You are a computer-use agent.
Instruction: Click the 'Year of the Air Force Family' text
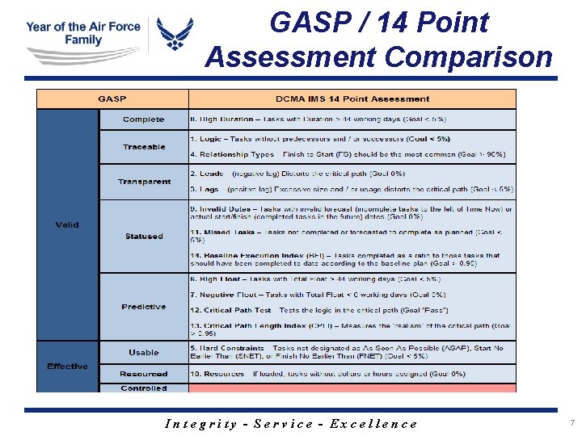pos(82,33)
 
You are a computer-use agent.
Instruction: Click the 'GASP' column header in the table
pos(112,99)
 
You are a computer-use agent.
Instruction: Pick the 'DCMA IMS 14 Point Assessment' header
pos(352,99)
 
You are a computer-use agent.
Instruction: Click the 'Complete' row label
pos(143,119)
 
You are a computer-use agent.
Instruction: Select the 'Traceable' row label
pos(144,147)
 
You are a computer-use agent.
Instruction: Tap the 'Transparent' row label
pos(144,182)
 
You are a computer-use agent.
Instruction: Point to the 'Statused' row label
pos(144,237)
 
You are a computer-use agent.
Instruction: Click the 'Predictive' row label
pos(144,307)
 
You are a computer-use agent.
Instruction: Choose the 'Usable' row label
pos(144,352)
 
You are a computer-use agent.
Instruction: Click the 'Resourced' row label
pos(144,374)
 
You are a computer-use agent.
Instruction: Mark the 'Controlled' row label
pos(144,388)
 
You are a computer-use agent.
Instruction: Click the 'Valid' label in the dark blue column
pos(67,224)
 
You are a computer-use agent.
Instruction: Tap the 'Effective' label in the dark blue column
pos(67,367)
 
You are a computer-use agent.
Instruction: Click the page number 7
pos(571,423)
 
